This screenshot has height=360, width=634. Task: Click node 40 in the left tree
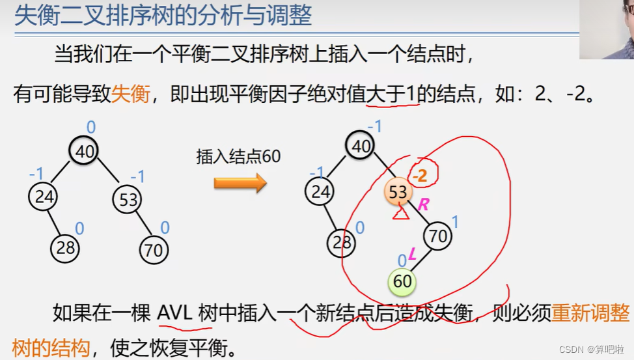click(x=85, y=152)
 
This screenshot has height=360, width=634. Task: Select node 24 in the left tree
click(x=42, y=197)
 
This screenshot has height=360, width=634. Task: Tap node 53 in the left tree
click(x=128, y=199)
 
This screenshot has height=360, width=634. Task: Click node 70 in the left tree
click(x=154, y=249)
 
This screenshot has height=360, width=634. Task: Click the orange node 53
click(x=398, y=191)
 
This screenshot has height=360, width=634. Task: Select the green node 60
click(x=402, y=282)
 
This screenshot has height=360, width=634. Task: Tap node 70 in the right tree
click(x=438, y=236)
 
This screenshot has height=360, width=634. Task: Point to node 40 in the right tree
click(x=361, y=146)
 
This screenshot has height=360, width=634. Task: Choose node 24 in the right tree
click(x=320, y=191)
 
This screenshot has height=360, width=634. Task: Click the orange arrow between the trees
click(x=240, y=183)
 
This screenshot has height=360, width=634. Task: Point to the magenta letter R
click(x=424, y=204)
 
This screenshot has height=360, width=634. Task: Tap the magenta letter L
click(x=412, y=256)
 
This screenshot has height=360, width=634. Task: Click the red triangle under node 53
click(x=400, y=212)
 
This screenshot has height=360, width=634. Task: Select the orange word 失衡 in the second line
click(x=131, y=94)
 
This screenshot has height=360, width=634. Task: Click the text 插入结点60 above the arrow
click(x=238, y=157)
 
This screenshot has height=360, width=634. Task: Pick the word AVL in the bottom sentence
click(x=174, y=313)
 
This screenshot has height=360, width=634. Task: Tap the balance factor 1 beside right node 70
click(x=455, y=223)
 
